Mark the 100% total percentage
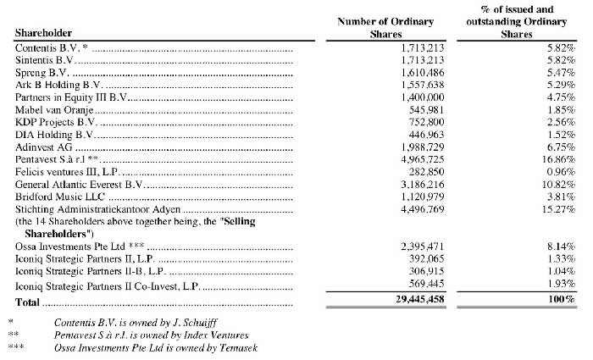[x=560, y=301]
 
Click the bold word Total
[x=29, y=301]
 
